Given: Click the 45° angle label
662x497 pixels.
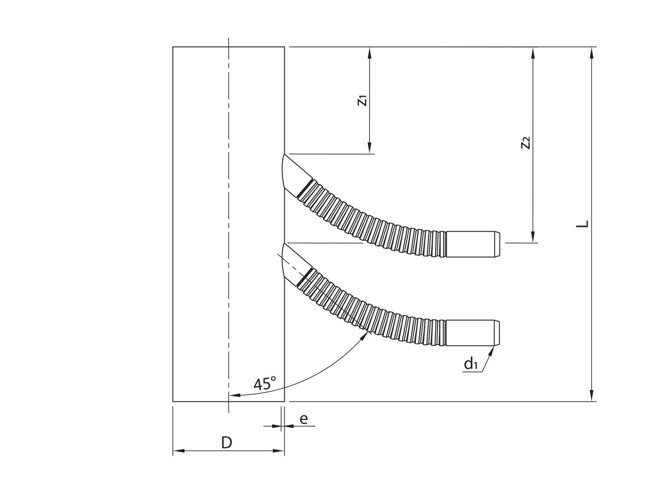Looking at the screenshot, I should coord(264,384).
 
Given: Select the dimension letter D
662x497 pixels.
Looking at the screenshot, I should coord(226,443).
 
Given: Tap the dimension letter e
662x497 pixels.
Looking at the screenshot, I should coord(303,419).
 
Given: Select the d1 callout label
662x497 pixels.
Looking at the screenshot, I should coord(471,364).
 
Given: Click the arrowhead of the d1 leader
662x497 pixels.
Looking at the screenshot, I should coord(493,349).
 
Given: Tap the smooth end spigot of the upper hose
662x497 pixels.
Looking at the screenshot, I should coord(472,244).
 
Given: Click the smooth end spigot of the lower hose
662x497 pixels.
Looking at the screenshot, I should coord(472,333).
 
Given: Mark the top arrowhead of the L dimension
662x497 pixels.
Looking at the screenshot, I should coord(591,52).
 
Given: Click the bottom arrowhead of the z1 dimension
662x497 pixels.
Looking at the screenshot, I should coord(370,149).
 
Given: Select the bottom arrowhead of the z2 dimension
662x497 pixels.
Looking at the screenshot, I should coord(533,238).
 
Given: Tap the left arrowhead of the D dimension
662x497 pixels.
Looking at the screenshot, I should coord(178,451).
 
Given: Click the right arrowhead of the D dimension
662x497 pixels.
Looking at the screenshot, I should coord(280,451).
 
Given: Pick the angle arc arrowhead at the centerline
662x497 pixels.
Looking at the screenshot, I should coord(234,396).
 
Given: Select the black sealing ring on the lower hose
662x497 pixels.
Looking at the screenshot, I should coord(304,277).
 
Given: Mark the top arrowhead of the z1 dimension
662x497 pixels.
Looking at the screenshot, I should coord(370,52).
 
